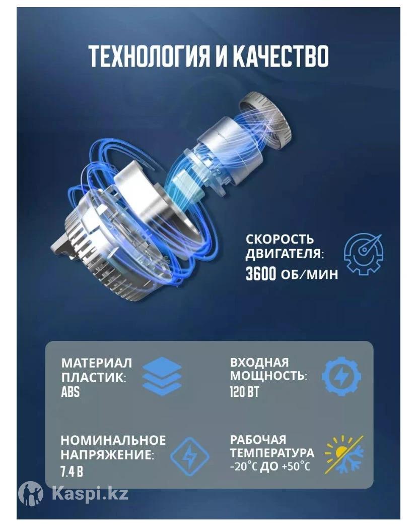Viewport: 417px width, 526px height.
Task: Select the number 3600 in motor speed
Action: pos(261,274)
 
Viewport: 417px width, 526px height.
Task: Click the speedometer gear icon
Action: pos(364,254)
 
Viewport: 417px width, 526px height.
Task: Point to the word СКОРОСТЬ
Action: pos(280,239)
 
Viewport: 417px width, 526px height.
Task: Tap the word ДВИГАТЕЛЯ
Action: pos(285,254)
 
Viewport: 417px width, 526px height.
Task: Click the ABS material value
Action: pos(71,392)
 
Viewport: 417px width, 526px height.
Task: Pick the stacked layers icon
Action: pos(162,376)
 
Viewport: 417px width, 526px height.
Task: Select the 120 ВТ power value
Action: pos(244,392)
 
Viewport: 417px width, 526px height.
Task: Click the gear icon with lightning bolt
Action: pos(341,376)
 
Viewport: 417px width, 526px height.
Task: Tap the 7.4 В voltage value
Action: pos(72,472)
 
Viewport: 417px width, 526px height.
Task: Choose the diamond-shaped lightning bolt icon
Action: pos(190,456)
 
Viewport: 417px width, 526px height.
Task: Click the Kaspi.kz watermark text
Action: pos(90,494)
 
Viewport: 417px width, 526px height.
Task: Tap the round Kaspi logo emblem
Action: pos(31,493)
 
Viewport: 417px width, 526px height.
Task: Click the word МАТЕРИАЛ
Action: pos(97,363)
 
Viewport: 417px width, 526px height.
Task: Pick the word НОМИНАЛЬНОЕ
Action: pos(113,440)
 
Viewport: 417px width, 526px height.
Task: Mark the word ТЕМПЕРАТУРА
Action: pos(272,453)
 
